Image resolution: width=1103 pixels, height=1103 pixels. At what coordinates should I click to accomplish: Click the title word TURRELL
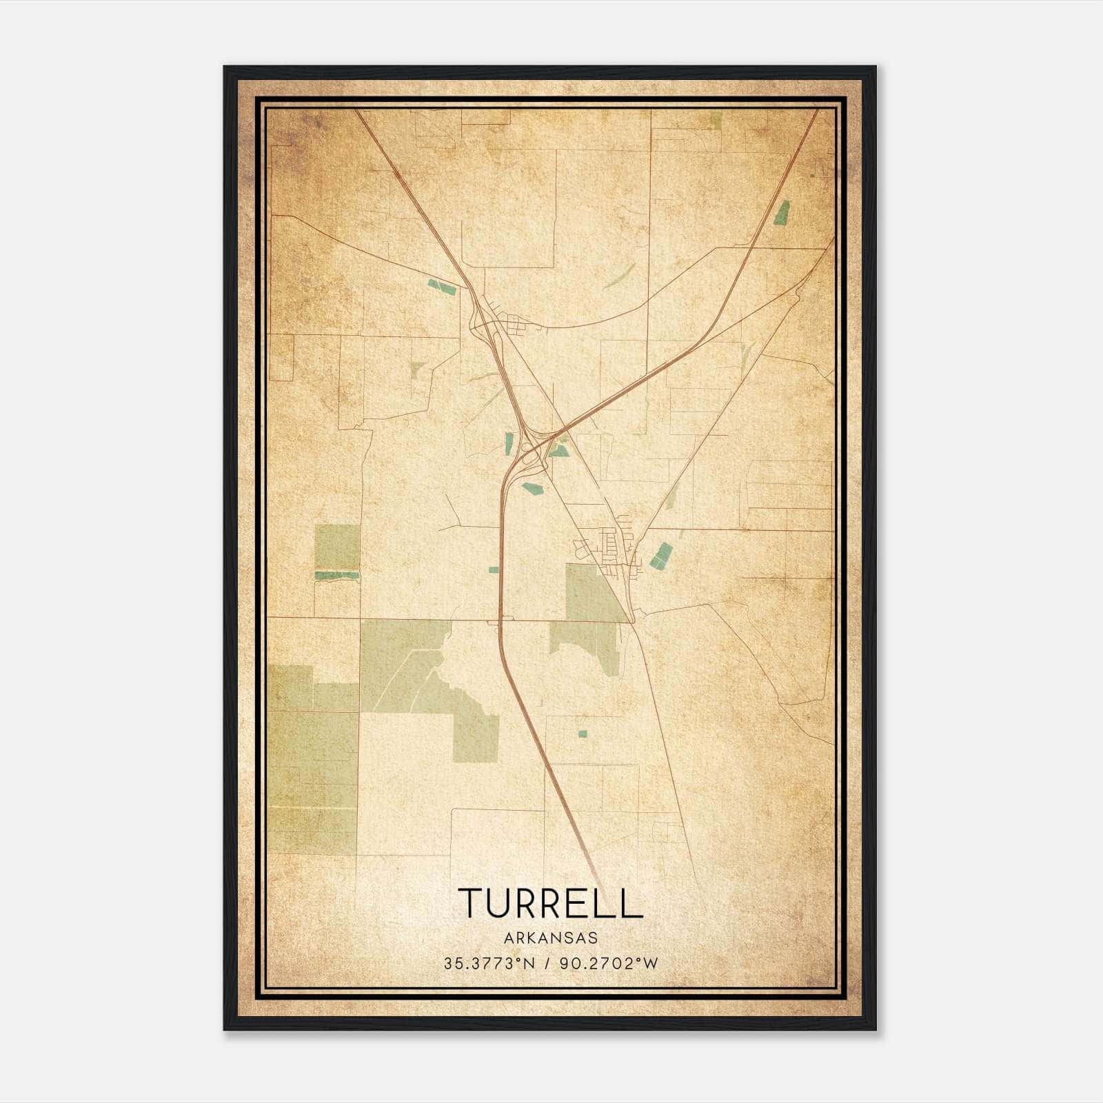point(550,903)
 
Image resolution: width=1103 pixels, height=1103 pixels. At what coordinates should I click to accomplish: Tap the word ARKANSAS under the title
point(550,938)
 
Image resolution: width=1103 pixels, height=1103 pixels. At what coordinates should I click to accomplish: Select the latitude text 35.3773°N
point(489,964)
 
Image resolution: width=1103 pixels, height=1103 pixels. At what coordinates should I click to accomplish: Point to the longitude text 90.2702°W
point(609,964)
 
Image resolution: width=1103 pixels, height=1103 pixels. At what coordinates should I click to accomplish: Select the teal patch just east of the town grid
point(661,556)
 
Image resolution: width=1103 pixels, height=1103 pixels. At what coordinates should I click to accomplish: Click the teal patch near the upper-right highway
point(782,213)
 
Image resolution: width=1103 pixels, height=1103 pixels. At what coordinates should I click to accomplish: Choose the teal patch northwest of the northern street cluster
point(441,287)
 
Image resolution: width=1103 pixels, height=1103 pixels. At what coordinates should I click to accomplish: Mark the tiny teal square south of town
point(582,733)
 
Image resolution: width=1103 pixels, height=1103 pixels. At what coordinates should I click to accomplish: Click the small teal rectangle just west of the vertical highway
point(493,569)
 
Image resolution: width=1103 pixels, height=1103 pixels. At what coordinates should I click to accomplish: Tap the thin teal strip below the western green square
point(337,574)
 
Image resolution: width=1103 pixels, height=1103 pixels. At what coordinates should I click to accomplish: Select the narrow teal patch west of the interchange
point(509,443)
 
